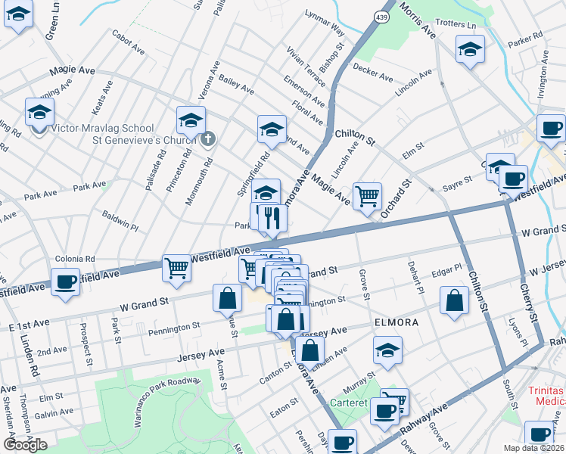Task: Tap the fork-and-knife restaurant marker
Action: [272, 218]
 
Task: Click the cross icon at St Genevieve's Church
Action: [210, 139]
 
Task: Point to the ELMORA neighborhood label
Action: [396, 322]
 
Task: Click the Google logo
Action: [25, 445]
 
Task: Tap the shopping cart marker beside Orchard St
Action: [367, 196]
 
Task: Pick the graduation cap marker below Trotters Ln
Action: [470, 50]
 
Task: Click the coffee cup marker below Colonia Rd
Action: [65, 281]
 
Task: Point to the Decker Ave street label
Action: [373, 76]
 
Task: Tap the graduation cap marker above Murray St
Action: [387, 350]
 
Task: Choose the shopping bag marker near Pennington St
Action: [227, 298]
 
